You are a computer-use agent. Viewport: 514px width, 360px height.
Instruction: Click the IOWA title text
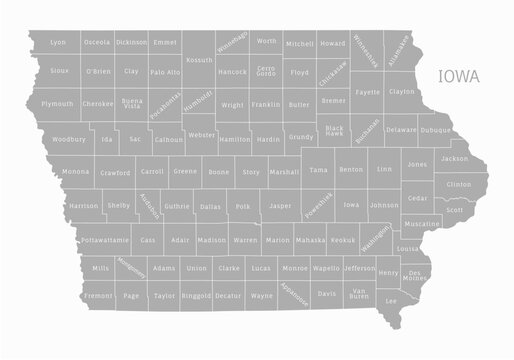coord(458,76)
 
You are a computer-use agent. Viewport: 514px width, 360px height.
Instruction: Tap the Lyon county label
coord(58,43)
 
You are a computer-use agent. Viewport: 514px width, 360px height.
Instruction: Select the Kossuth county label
coord(199,60)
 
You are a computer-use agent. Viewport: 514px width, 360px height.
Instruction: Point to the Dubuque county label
coord(435,130)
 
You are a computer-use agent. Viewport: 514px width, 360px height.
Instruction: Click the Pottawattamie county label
coord(105,241)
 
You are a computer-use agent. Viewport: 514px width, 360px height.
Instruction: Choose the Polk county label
coord(242,207)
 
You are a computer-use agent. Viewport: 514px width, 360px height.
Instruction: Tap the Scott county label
coord(455,210)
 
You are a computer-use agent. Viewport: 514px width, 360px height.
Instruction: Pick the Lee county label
coord(391,300)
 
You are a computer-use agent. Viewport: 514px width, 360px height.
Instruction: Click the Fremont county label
coord(98,296)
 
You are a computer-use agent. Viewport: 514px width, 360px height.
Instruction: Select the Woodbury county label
coord(69,139)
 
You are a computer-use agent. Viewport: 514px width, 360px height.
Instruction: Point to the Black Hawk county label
coord(334,131)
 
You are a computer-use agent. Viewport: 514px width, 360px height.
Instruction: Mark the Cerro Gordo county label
coord(266,72)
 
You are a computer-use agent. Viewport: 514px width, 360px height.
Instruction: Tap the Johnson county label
coord(384,205)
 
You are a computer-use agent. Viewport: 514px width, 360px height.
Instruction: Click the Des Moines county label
coord(417,275)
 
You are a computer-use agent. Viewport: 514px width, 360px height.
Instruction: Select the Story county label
coord(251,172)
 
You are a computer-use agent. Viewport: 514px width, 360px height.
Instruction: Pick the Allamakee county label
coord(397,49)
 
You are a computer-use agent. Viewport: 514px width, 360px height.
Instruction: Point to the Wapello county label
coord(325,269)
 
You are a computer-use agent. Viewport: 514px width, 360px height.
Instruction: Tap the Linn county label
coord(385,169)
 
